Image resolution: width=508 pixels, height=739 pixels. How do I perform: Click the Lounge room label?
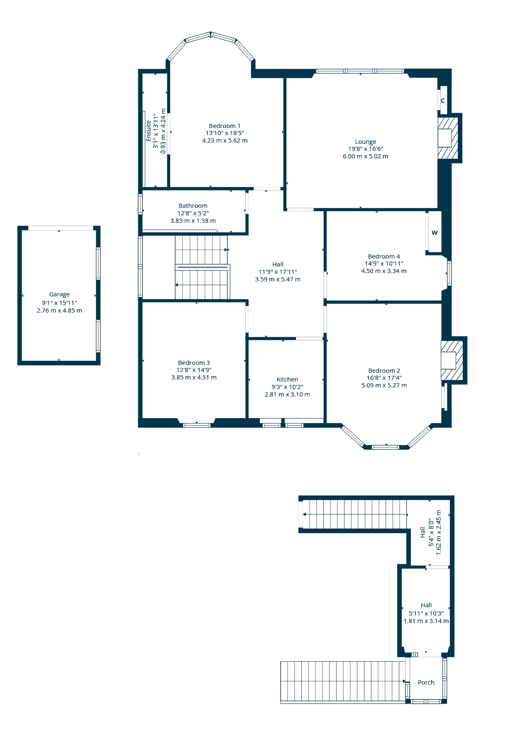point(365,142)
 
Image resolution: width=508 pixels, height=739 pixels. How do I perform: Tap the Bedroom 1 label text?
point(225,126)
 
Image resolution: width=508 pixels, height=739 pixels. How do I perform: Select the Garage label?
point(59,294)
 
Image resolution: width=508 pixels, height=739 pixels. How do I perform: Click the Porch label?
point(426,682)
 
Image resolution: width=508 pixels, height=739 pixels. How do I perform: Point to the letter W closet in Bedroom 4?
point(435,233)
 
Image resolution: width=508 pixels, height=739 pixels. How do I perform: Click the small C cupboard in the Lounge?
point(443,101)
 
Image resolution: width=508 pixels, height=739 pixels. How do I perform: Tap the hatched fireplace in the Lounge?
point(448,138)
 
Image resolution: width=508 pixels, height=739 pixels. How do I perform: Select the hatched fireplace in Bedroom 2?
point(452,360)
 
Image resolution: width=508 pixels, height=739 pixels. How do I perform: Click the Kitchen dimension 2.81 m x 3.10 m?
point(287,394)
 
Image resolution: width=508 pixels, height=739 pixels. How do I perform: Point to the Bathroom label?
point(193,206)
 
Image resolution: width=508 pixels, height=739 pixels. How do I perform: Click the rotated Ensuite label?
point(149,131)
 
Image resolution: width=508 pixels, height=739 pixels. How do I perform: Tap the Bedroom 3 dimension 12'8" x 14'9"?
point(194,370)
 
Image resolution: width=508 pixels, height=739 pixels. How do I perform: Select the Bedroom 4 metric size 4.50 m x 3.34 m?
point(384,271)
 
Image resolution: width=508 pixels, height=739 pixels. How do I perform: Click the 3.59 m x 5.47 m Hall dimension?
point(278,279)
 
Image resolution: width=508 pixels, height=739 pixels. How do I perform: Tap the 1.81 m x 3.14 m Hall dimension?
point(426,621)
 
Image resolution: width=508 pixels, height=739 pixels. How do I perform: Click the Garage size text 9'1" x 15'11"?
point(59,303)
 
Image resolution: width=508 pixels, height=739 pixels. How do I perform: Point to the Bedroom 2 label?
point(384,371)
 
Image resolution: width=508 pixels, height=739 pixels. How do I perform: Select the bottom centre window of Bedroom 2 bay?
point(386,447)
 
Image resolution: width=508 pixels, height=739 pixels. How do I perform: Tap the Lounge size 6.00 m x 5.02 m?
point(365,156)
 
